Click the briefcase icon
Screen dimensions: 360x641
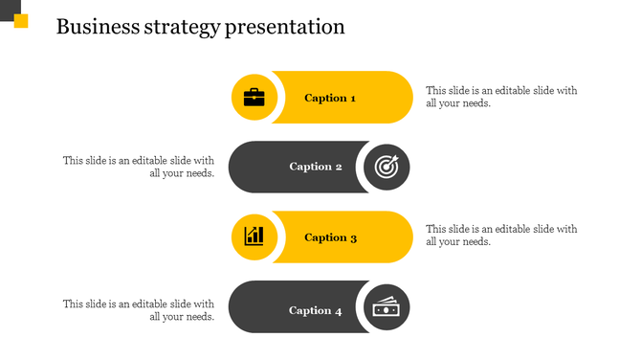pyautogui.click(x=254, y=97)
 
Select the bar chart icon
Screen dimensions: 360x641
pyautogui.click(x=254, y=236)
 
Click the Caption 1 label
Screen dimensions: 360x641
pyautogui.click(x=330, y=98)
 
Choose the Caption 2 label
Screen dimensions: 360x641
pyautogui.click(x=316, y=167)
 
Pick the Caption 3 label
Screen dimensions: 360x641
pyautogui.click(x=330, y=237)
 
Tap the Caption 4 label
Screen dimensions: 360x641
pyautogui.click(x=316, y=310)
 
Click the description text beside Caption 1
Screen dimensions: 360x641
pyautogui.click(x=501, y=97)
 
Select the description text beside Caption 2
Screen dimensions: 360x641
pyautogui.click(x=139, y=167)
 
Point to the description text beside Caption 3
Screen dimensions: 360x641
pyautogui.click(x=501, y=236)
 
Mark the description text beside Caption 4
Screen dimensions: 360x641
pyautogui.click(x=139, y=309)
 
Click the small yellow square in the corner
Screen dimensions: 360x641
pyautogui.click(x=21, y=21)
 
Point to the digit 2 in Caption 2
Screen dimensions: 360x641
pyautogui.click(x=338, y=167)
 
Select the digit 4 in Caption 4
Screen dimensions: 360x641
pyautogui.click(x=338, y=310)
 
